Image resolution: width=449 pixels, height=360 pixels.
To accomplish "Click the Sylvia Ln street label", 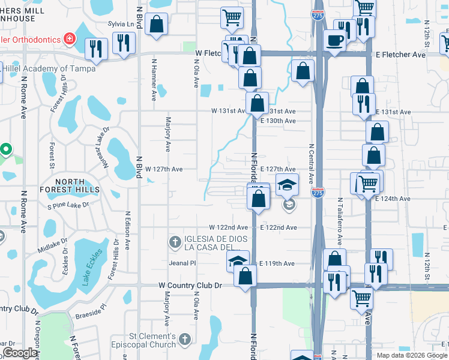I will tap(120, 24).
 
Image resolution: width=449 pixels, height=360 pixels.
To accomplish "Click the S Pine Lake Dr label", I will tap(68, 205).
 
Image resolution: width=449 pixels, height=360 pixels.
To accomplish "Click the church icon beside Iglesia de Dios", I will tap(175, 242).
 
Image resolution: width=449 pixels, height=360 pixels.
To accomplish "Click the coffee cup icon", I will tap(334, 40).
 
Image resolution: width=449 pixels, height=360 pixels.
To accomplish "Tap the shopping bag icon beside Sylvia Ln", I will tap(157, 25).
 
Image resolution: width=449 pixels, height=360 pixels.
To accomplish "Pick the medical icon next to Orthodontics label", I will tap(70, 39).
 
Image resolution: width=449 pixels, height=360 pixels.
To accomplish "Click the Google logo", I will tap(20, 353).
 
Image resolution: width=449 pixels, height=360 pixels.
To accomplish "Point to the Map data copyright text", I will tap(412, 355).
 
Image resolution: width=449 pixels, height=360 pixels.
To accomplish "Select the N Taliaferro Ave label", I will tap(339, 222).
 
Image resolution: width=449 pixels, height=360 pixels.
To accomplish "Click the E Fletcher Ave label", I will tap(401, 55).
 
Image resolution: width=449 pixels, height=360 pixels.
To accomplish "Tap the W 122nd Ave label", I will tap(228, 227).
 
